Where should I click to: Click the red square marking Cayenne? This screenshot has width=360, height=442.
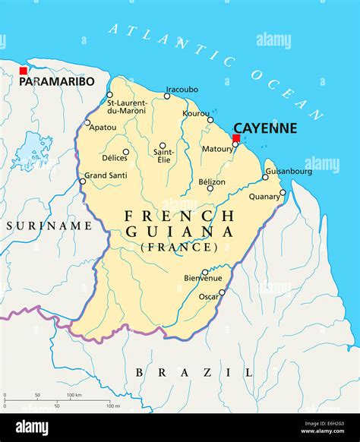[236, 138]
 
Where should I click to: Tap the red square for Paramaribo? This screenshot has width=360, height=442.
[24, 71]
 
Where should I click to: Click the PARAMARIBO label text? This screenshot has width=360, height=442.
[57, 81]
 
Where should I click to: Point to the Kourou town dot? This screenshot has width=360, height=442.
[210, 119]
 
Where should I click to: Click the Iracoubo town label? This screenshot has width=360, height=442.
[182, 88]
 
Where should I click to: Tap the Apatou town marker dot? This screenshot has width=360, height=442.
[87, 122]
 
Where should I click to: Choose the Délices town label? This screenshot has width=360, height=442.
[114, 157]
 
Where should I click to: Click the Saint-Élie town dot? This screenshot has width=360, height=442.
[163, 145]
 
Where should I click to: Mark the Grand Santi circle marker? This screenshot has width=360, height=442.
[83, 181]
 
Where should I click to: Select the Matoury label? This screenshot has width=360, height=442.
[217, 149]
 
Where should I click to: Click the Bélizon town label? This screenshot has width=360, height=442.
[211, 182]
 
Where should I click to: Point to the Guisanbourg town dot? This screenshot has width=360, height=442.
[265, 177]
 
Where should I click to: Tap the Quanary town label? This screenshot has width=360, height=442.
[264, 196]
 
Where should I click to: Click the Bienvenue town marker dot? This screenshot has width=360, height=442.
[204, 272]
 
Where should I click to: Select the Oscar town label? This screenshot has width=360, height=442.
[208, 297]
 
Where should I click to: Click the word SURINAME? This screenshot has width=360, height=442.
[49, 226]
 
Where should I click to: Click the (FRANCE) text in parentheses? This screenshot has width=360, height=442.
[179, 247]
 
